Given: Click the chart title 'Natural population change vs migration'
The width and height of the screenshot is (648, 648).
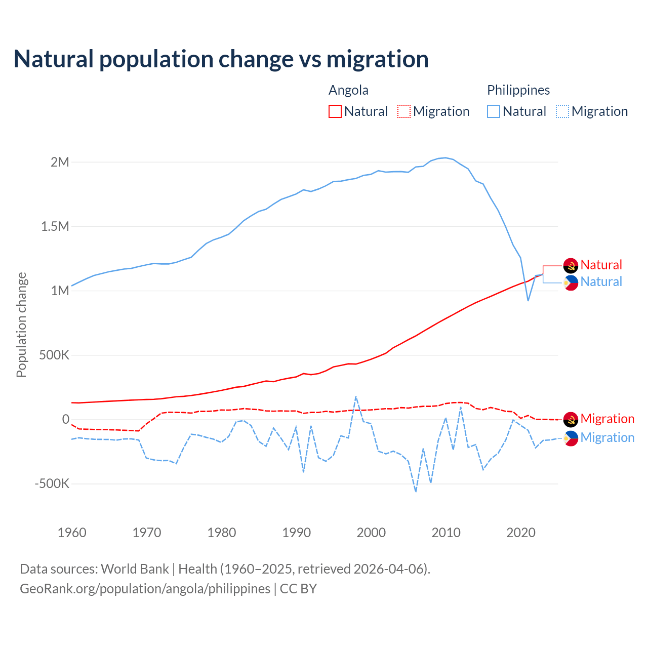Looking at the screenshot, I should tap(221, 59).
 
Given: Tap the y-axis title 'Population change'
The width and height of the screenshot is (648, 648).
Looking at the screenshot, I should tap(21, 325).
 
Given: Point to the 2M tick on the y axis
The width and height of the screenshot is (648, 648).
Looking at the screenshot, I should tap(60, 163).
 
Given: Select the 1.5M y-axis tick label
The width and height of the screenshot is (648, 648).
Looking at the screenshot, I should tap(55, 226).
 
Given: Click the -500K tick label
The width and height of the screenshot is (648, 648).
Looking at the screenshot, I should tap(52, 483).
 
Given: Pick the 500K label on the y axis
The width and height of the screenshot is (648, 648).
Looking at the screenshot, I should tap(54, 355).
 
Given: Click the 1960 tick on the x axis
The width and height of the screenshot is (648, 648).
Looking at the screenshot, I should tap(72, 533).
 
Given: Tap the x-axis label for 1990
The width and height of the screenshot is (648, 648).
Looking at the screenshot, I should tap(296, 533).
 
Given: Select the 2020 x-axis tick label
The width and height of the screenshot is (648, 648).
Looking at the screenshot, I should tap(521, 533).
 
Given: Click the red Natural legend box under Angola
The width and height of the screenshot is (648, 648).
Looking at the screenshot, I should tap(335, 111).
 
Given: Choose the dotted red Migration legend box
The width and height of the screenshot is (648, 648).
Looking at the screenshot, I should tap(404, 111).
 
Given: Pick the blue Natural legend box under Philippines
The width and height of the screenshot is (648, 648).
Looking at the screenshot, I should tap(494, 111).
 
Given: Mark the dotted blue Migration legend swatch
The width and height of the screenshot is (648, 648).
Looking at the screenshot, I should tap(562, 111).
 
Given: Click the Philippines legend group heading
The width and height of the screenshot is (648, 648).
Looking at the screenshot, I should tap(518, 90).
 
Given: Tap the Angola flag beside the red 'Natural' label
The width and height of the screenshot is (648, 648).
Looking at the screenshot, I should tap(571, 265).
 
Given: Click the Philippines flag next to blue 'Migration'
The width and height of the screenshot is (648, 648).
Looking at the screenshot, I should tap(571, 438).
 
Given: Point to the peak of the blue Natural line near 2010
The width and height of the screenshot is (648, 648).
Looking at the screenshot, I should tap(445, 157).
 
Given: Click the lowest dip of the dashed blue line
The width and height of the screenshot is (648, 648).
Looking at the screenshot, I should tap(416, 492).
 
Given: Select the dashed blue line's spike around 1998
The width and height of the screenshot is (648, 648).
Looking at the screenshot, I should tap(355, 396).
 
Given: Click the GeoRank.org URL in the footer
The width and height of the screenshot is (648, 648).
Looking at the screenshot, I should tap(145, 589).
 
